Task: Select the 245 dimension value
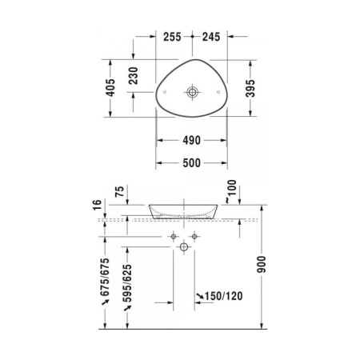coord(210,36)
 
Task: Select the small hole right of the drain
coord(217,92)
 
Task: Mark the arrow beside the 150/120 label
coord(200,297)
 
